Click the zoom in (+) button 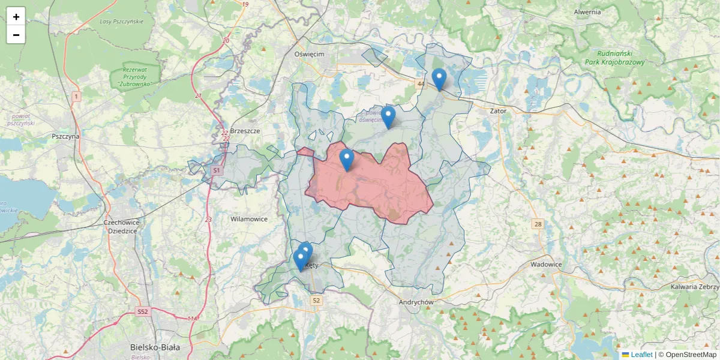[16, 17]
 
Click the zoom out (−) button [16, 35]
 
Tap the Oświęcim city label [309, 54]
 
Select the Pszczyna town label [65, 136]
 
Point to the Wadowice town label [546, 264]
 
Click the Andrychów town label [416, 302]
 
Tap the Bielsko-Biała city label [155, 347]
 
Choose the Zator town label [498, 111]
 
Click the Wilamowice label [249, 219]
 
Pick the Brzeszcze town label [245, 131]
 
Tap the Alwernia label [587, 12]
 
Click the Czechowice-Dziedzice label [122, 226]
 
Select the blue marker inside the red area [346, 160]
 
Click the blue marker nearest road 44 [439, 79]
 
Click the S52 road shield [142, 311]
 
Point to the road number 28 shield [538, 224]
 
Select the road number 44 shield [421, 84]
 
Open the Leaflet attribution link [641, 355]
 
